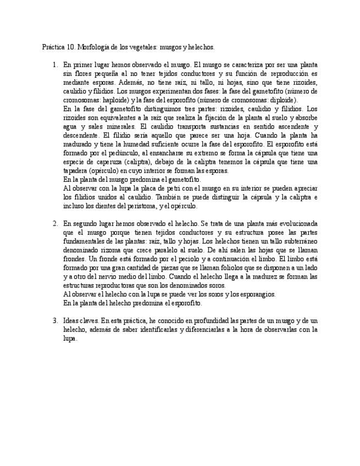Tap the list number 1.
click(55, 65)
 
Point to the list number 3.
click(55, 320)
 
